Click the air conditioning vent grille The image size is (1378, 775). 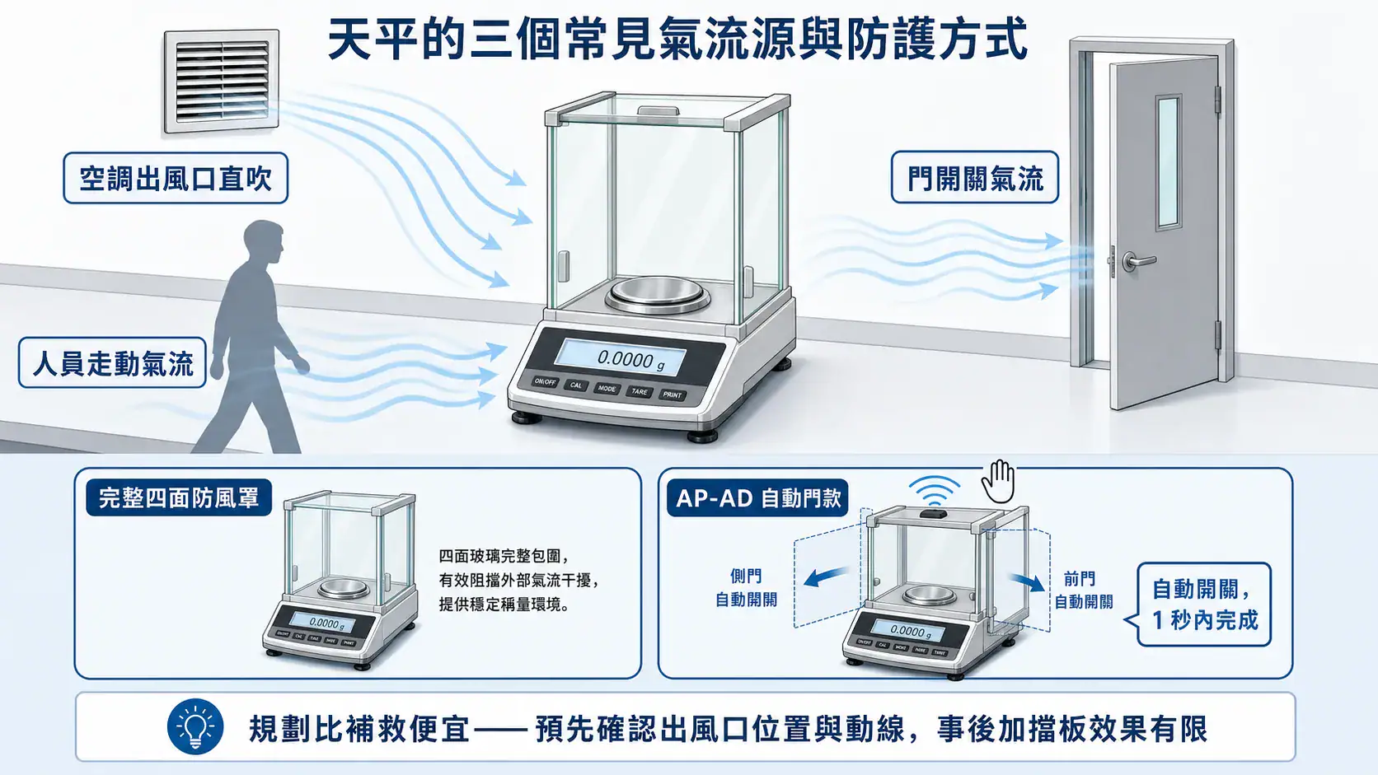pos(222,82)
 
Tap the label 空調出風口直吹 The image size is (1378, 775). pos(176,178)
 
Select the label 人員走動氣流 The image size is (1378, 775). pos(113,362)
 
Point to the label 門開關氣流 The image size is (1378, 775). pos(975,178)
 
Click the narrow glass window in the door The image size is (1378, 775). pos(1168,163)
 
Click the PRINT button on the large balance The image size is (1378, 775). pos(673,395)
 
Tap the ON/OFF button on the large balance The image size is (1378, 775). pos(545,381)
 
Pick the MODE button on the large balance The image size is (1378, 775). pos(607,389)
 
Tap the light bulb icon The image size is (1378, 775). pos(195,726)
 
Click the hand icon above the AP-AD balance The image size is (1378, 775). pos(998,481)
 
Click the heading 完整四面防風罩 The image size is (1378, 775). pos(179,497)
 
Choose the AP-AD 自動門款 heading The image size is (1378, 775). pos(758,497)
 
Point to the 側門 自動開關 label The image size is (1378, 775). pos(746,588)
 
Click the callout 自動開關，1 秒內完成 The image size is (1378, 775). pos(1205,605)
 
